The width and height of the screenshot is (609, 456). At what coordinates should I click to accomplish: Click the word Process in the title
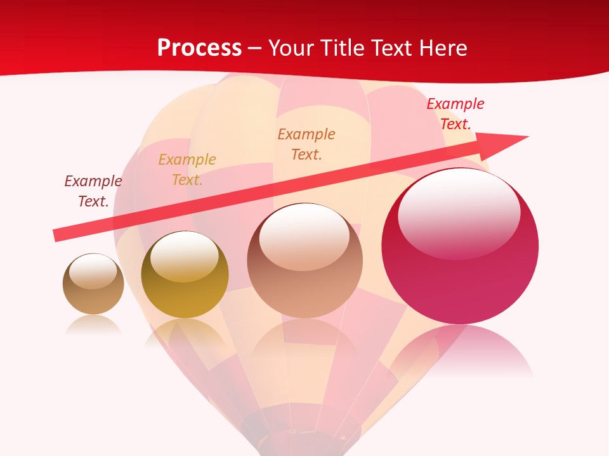point(199,48)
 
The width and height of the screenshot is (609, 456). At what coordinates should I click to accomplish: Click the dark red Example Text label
point(93,191)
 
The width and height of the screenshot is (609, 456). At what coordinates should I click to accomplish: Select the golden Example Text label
point(187,170)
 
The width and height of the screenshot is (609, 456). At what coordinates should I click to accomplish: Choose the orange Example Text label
point(306,144)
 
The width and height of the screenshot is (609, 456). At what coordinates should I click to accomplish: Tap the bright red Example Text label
point(455,114)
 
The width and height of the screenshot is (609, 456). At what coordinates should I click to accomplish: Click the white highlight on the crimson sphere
point(459,212)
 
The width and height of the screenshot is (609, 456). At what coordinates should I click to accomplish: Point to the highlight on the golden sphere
point(185,256)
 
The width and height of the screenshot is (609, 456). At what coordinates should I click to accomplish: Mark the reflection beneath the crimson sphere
point(460,351)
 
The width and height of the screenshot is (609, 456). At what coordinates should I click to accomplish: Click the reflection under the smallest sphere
point(93,325)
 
